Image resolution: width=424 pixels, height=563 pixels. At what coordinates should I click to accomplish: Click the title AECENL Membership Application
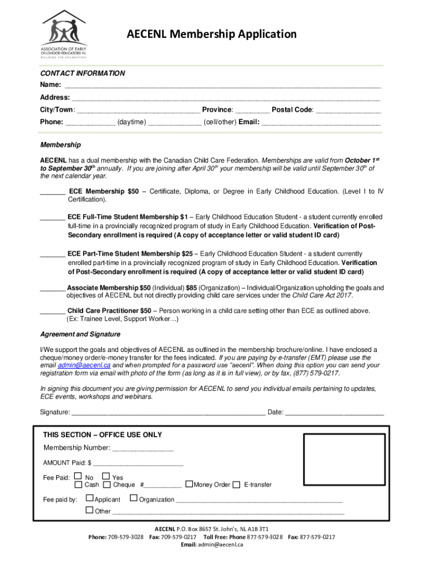tap(211, 35)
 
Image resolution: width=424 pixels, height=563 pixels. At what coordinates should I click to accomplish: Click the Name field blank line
tap(222, 86)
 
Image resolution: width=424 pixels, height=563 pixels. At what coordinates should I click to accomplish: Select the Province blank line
tap(252, 110)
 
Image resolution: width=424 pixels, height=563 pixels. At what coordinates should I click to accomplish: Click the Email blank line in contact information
tap(320, 123)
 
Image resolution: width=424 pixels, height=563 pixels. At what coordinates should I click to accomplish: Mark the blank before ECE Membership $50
tap(53, 192)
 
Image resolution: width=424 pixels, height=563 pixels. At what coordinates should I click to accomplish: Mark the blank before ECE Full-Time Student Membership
tap(53, 217)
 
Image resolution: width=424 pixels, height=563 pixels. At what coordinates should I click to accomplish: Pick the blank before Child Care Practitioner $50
tap(53, 311)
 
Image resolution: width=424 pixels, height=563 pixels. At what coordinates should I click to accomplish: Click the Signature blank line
tap(168, 413)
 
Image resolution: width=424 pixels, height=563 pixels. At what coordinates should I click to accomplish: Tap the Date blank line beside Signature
tap(334, 413)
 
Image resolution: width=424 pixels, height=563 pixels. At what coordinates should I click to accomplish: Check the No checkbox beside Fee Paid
tap(78, 476)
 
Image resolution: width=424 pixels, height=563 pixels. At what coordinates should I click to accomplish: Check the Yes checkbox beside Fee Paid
tap(106, 476)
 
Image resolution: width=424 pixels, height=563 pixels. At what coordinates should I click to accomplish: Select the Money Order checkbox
tap(189, 484)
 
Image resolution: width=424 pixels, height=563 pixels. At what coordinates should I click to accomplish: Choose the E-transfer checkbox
tap(237, 484)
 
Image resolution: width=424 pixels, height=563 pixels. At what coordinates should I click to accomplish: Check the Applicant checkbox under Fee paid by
tap(89, 499)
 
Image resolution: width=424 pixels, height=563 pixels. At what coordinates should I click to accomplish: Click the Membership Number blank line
tap(143, 448)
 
